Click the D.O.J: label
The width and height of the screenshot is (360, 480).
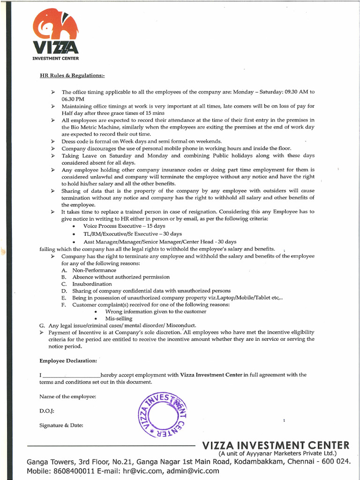click(47, 411)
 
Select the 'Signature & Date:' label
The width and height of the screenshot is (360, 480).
click(61, 425)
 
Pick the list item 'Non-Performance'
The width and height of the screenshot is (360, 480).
click(94, 270)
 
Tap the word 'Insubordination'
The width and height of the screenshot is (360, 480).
click(92, 284)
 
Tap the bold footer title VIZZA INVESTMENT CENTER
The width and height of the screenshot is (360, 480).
click(275, 445)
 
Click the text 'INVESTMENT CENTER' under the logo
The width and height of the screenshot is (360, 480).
click(55, 59)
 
